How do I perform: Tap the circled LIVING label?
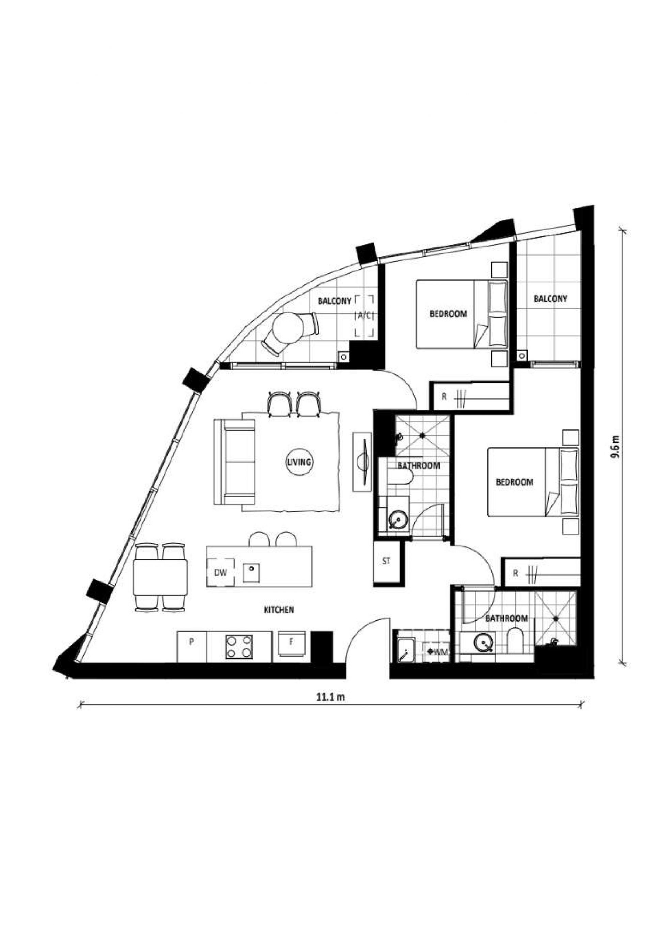pos(299,462)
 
